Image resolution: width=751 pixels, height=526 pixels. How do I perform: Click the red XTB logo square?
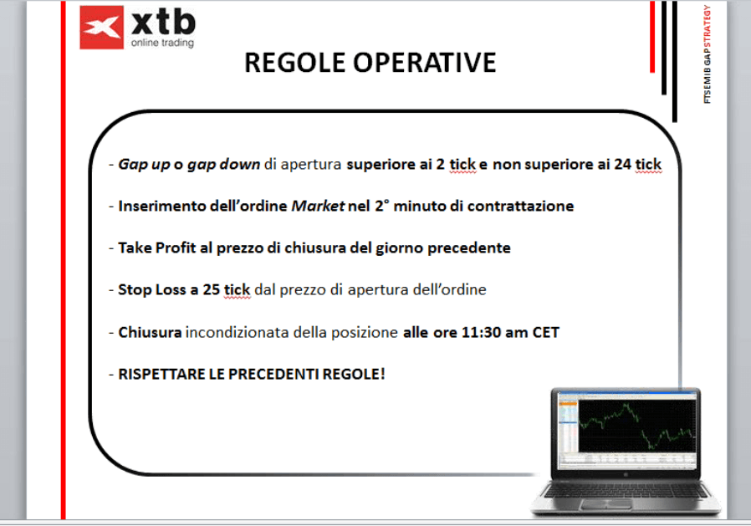pos(101,28)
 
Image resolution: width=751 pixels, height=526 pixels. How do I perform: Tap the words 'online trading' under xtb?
pos(162,43)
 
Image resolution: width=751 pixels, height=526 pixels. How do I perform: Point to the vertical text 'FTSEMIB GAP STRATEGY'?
pos(707,54)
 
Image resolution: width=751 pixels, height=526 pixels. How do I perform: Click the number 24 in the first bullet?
pos(622,164)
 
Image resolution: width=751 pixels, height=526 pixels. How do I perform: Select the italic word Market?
pos(318,206)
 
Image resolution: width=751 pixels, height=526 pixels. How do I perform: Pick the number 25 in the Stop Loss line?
pos(211,289)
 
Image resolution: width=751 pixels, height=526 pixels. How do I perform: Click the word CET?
pos(545,333)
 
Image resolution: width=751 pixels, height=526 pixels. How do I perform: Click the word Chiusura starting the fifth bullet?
pos(150,333)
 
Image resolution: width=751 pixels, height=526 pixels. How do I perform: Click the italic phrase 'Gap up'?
pos(144,165)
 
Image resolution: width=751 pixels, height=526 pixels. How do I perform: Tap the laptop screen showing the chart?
pos(627,427)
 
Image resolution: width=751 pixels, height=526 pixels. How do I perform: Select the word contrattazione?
pos(521,206)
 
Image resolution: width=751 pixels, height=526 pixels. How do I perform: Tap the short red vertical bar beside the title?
pos(652,37)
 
